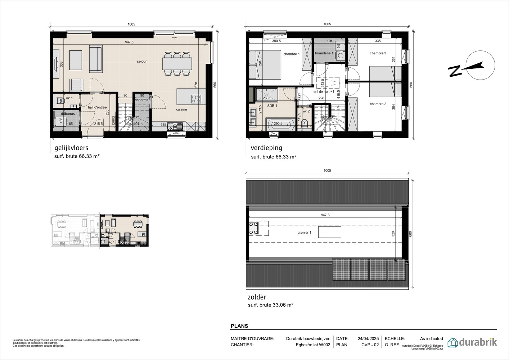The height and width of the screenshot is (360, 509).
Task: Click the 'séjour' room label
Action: click(142, 62)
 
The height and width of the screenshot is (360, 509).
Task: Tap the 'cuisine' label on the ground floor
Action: click(181, 109)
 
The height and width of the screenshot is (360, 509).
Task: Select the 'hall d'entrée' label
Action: click(97, 107)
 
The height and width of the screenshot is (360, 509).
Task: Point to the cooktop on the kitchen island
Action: click(196, 98)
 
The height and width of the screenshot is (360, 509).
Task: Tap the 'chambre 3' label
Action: click(378, 53)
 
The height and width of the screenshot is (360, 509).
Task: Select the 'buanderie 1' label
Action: click(324, 53)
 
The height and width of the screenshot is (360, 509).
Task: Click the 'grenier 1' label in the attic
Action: click(304, 233)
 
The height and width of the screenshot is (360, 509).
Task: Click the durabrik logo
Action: click(472, 342)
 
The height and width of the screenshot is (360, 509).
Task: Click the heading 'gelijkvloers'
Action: click(71, 148)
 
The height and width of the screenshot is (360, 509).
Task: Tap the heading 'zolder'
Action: click(257, 297)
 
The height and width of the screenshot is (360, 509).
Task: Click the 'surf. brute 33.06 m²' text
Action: click(270, 305)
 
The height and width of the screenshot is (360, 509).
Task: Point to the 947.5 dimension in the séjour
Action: click(129, 42)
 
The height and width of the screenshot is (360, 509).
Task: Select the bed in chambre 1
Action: click(265, 65)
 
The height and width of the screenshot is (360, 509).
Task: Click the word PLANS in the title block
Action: click(239, 326)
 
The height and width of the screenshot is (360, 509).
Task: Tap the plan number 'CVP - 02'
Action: click(370, 345)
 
